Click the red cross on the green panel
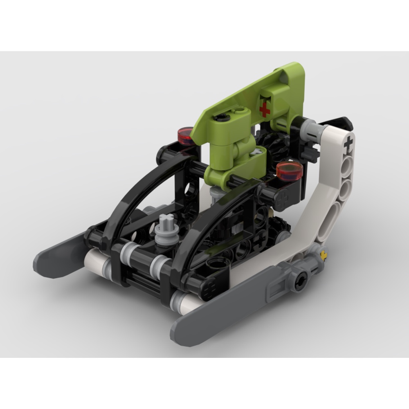pos(265,109)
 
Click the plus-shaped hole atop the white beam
pos(348,144)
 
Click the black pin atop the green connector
pos(221,118)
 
